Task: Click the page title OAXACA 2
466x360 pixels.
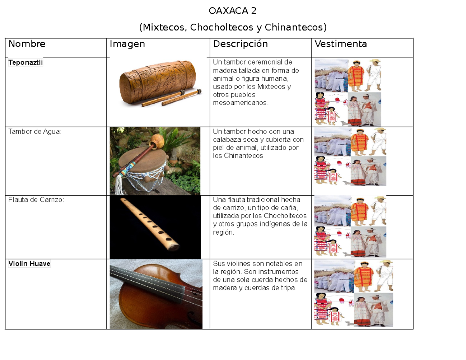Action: pos(233,11)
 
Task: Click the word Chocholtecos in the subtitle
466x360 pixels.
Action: pos(225,27)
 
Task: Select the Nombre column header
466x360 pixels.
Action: pos(27,44)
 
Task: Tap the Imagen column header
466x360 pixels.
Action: pos(127,44)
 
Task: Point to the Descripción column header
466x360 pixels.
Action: pos(240,44)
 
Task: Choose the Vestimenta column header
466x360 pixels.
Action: pos(341,44)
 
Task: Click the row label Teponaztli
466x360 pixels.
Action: pos(26,63)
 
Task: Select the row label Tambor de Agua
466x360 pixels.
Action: pos(35,131)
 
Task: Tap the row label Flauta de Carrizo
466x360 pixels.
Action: pos(36,200)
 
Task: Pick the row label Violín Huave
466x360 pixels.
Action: pos(30,264)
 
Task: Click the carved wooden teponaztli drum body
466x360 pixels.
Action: pos(158,82)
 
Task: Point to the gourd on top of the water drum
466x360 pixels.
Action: pos(157,140)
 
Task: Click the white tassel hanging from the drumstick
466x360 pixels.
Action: pos(119,184)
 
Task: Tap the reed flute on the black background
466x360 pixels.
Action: pos(150,224)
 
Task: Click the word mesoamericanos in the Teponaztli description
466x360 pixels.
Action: pos(241,103)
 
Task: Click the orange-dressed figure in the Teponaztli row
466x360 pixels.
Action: pos(356,76)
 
